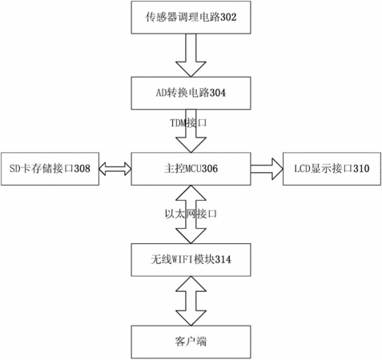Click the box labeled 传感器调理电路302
(191, 18)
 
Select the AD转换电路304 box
(191, 93)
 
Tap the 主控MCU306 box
(191, 169)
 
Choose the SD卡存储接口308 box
(50, 169)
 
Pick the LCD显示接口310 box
(332, 169)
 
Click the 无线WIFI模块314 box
(191, 260)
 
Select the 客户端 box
(191, 342)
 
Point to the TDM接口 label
(188, 123)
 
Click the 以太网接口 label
(191, 214)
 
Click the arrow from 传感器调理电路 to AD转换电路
(191, 55)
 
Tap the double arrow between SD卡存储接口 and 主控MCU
(115, 169)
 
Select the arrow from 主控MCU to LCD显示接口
(267, 169)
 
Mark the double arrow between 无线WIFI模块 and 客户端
(191, 301)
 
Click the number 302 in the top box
(228, 18)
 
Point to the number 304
(218, 93)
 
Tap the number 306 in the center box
(210, 169)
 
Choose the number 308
(82, 169)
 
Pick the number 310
(361, 169)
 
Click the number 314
(223, 260)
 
